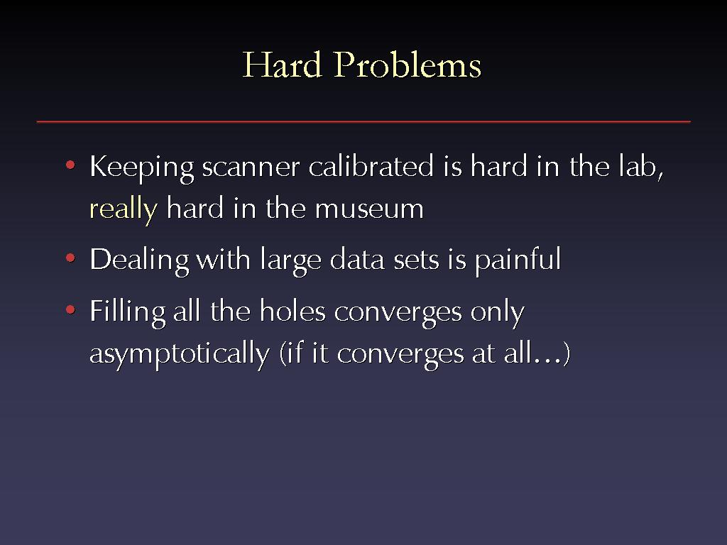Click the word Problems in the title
(x=407, y=65)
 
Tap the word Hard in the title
(x=282, y=65)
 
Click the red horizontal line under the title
(x=363, y=121)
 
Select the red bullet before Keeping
(x=70, y=165)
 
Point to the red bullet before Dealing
(x=70, y=258)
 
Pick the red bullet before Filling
(x=70, y=309)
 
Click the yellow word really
(x=124, y=209)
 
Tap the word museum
(x=369, y=209)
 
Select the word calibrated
(x=371, y=166)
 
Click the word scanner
(x=251, y=167)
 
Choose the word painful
(x=518, y=260)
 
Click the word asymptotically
(x=180, y=354)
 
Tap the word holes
(x=293, y=311)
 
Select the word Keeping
(x=141, y=167)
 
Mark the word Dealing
(x=139, y=260)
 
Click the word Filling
(x=128, y=312)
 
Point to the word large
(x=290, y=260)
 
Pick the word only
(x=498, y=312)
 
